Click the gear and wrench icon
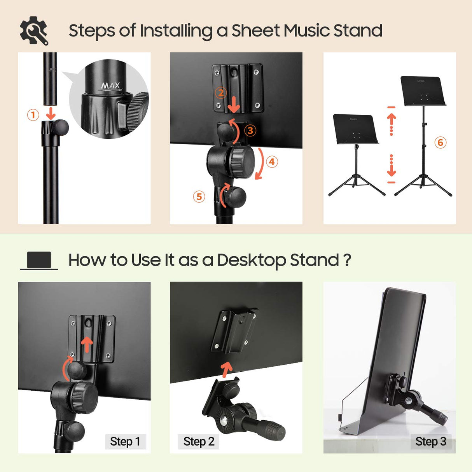[34, 31]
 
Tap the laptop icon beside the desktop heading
[39, 260]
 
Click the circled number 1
[33, 115]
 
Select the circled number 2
[221, 93]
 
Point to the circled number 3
[250, 131]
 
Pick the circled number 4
[272, 162]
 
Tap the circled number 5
[199, 196]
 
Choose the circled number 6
[440, 142]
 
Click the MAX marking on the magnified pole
[111, 86]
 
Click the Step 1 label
[125, 442]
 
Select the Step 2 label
[199, 442]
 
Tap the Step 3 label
[430, 442]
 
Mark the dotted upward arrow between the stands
[392, 124]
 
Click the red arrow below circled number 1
[51, 114]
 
